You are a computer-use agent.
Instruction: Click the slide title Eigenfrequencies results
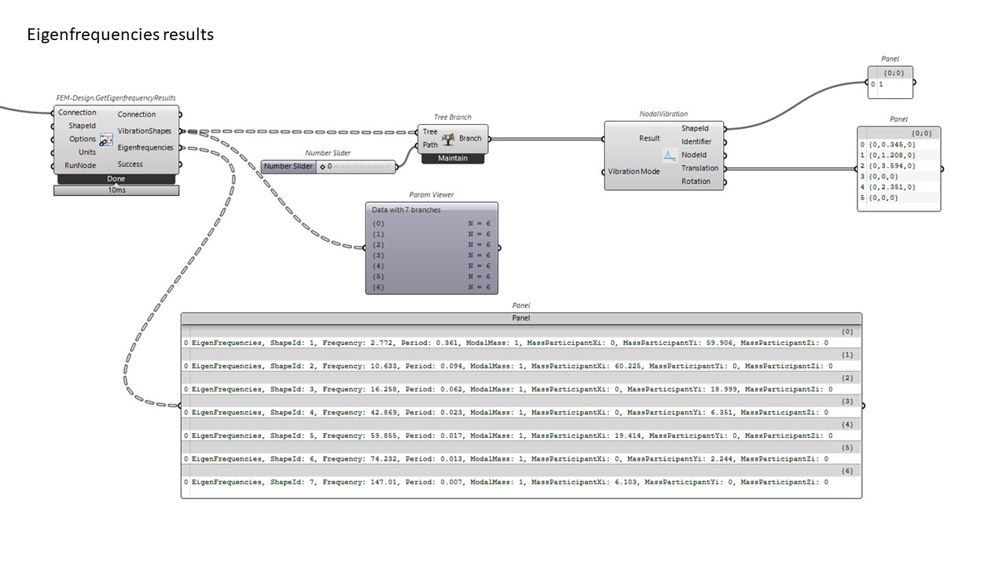[120, 35]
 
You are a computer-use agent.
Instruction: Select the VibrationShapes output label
[145, 131]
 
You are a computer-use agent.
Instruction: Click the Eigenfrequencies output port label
[145, 148]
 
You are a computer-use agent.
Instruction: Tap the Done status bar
[116, 179]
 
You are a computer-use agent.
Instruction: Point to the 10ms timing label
[116, 190]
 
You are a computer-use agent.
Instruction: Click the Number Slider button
[288, 167]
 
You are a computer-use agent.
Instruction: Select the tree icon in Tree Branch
[449, 139]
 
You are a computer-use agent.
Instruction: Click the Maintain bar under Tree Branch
[453, 159]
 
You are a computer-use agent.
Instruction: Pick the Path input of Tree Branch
[430, 145]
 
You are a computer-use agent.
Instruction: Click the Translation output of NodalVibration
[699, 168]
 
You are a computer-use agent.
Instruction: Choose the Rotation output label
[696, 182]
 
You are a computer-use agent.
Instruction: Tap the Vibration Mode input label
[633, 171]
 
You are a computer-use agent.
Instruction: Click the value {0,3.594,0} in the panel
[892, 166]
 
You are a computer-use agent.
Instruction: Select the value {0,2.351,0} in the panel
[892, 187]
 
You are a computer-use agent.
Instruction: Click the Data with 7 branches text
[406, 210]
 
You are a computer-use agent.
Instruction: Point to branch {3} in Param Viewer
[379, 255]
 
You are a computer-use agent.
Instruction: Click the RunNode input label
[80, 166]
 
